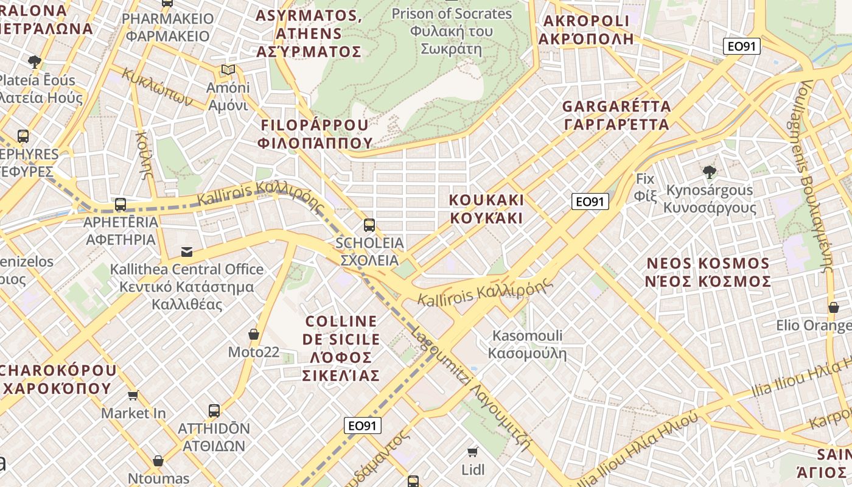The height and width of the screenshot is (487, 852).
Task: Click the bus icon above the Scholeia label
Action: [369, 225]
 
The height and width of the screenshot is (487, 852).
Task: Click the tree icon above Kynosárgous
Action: [709, 172]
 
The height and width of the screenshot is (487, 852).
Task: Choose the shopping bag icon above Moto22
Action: [254, 334]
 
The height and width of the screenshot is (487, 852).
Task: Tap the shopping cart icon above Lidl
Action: [473, 452]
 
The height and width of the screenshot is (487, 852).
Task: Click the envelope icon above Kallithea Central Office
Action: [187, 251]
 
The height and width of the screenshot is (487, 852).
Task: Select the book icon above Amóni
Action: [228, 70]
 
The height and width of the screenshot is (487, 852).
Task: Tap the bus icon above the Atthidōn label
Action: [214, 411]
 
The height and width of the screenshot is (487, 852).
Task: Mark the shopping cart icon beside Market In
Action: [133, 395]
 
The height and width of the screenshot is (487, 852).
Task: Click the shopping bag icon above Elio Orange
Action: [833, 307]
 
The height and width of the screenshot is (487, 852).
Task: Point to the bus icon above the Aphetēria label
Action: [120, 205]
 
